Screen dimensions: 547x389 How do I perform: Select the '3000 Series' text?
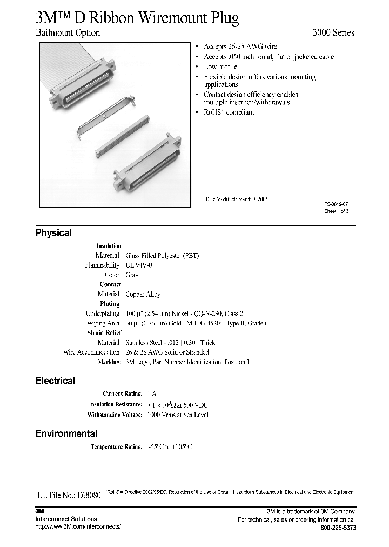pyautogui.click(x=333, y=32)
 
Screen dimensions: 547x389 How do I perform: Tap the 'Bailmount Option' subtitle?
pyautogui.click(x=68, y=32)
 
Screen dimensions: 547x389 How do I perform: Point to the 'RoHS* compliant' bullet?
pyautogui.click(x=229, y=112)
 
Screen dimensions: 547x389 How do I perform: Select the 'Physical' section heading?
pyautogui.click(x=53, y=233)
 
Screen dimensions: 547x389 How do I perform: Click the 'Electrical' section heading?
pyautogui.click(x=55, y=381)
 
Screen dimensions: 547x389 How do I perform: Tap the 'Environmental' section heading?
pyautogui.click(x=66, y=433)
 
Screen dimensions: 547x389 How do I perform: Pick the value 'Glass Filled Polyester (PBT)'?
pyautogui.click(x=162, y=255)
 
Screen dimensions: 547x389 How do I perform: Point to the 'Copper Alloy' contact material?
pyautogui.click(x=143, y=294)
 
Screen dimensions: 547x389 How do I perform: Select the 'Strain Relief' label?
pyautogui.click(x=104, y=333)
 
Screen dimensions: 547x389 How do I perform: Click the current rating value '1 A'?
pyautogui.click(x=152, y=395)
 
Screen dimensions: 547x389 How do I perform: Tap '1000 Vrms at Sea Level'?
pyautogui.click(x=177, y=415)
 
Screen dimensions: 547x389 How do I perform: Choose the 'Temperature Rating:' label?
pyautogui.click(x=116, y=447)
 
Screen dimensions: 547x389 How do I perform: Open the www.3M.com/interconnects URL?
pyautogui.click(x=78, y=526)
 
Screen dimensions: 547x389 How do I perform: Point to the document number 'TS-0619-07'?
pyautogui.click(x=336, y=204)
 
